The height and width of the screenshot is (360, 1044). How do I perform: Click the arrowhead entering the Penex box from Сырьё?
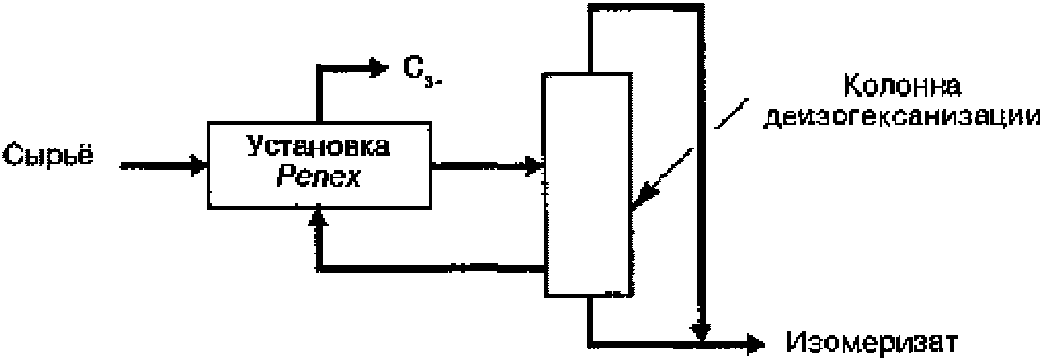click(198, 165)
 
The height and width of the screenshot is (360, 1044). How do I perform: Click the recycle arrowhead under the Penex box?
click(319, 217)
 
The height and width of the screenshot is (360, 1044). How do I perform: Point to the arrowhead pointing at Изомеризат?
click(755, 340)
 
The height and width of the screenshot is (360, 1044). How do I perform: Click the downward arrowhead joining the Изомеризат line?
click(701, 330)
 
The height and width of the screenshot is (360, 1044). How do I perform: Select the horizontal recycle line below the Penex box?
click(429, 268)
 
